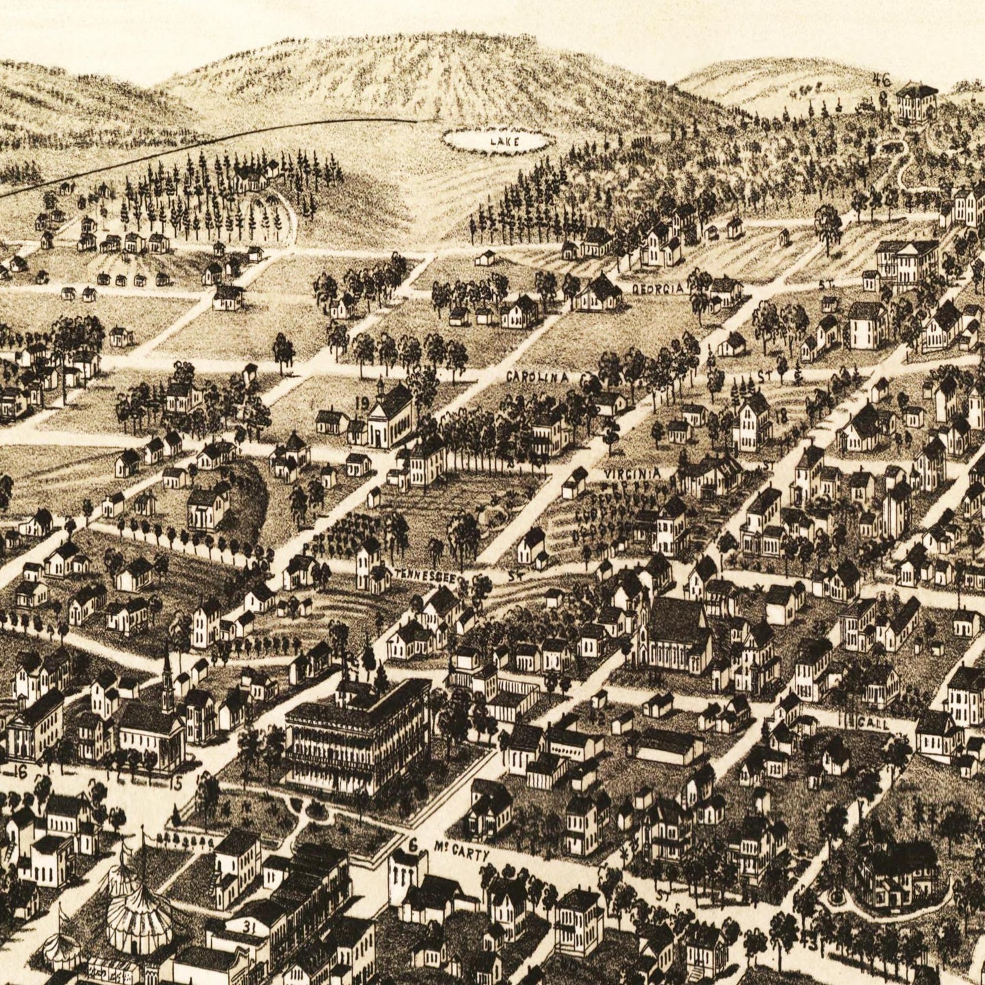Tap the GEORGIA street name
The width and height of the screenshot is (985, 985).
click(657, 288)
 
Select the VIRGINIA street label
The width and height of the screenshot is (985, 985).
click(632, 472)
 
